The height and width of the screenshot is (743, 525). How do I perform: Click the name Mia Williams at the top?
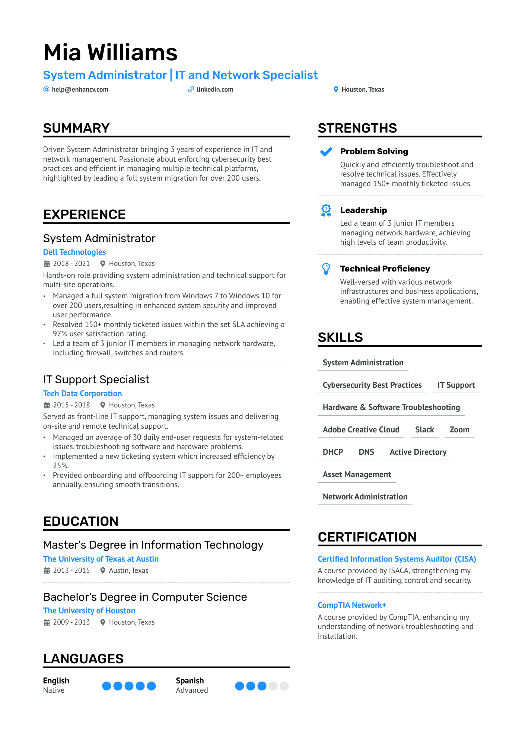point(110,53)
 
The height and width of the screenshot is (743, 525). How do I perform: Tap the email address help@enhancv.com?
point(80,89)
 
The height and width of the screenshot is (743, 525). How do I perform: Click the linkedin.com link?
point(214,89)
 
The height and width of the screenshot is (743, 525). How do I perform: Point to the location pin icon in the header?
point(336,89)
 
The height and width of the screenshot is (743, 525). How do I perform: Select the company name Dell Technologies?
point(74,252)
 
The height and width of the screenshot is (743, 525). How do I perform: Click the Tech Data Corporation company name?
point(82,394)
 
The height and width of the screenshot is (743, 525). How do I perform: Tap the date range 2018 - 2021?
point(71,264)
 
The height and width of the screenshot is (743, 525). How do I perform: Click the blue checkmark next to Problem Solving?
point(326,152)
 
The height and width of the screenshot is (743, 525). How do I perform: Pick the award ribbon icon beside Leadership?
point(326,210)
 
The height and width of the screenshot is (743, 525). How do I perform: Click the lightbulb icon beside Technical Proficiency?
point(326,269)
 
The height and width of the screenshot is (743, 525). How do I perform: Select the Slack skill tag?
point(424,430)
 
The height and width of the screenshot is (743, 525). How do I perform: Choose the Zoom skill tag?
point(459,430)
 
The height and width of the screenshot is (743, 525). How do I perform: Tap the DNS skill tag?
point(366,452)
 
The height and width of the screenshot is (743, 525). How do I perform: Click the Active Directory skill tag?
point(418,452)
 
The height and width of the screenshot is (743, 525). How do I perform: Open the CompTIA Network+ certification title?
point(352,605)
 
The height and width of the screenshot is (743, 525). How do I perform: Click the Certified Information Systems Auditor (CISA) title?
point(397,559)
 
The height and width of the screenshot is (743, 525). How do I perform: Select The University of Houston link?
point(89,611)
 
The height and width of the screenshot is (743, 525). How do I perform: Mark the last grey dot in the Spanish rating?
point(284,686)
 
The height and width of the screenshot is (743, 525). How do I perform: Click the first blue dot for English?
point(107,686)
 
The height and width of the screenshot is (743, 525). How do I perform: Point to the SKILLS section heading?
point(340,337)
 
